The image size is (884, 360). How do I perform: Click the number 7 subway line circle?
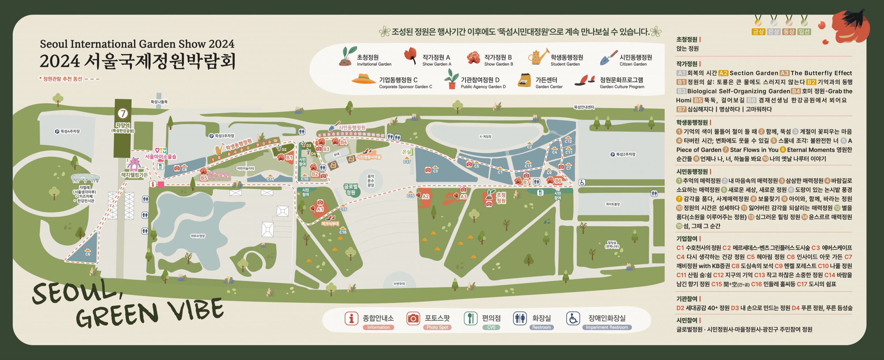click(x=123, y=113)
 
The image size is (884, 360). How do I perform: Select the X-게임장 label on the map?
click(x=485, y=136)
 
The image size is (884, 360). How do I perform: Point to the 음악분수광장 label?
click(x=371, y=181)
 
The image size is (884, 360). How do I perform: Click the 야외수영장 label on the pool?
click(x=198, y=236)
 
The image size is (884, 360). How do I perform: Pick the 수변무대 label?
click(x=399, y=284)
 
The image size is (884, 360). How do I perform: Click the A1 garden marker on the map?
click(x=320, y=209)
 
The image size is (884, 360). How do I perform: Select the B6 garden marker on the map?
click(x=558, y=180)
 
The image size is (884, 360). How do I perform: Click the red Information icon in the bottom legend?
click(x=351, y=318)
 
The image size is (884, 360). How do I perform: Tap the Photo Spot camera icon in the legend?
click(x=413, y=318)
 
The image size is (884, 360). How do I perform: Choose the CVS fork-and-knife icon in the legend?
click(x=470, y=318)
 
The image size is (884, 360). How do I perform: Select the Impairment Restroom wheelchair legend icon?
click(x=573, y=318)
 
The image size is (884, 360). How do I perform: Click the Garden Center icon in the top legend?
click(x=525, y=80)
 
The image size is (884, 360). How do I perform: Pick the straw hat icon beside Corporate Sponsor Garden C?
click(x=363, y=79)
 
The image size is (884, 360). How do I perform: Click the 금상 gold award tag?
click(x=758, y=31)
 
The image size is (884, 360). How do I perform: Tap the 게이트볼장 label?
click(x=613, y=204)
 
